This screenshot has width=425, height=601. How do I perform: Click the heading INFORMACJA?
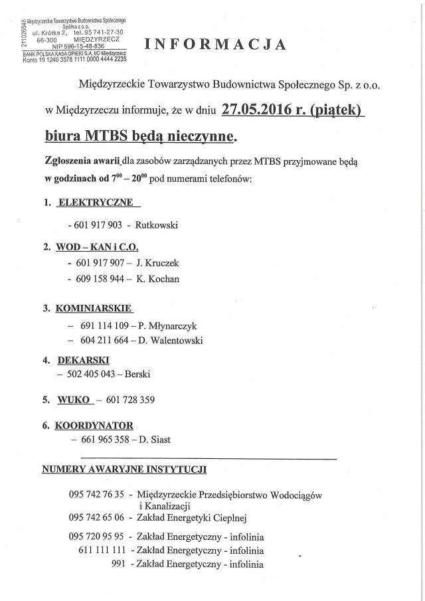pos(216,44)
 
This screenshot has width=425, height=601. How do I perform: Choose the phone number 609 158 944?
pos(100,279)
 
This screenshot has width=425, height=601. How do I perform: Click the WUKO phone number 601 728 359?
pos(132,400)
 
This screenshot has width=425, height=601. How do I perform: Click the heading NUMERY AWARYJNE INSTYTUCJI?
pos(124,469)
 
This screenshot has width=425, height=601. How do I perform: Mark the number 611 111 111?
pos(102,551)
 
